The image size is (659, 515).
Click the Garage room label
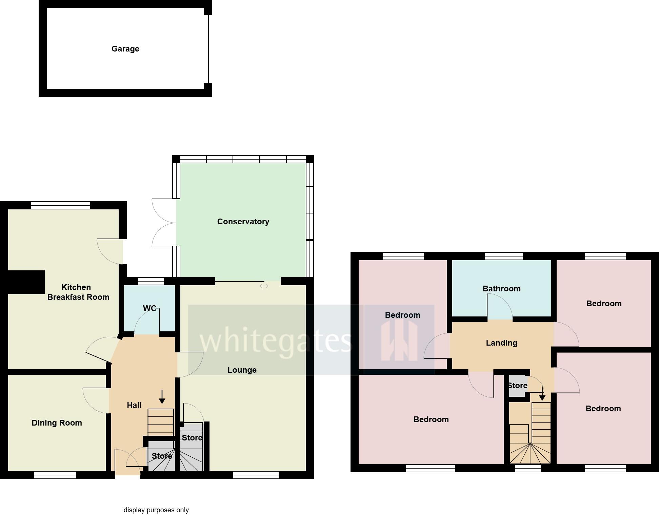click(x=125, y=49)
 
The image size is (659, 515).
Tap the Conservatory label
click(x=243, y=222)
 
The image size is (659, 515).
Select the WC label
click(x=149, y=308)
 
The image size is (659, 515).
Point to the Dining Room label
click(x=57, y=423)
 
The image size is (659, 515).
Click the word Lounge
click(x=242, y=370)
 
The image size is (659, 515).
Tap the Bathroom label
click(x=501, y=289)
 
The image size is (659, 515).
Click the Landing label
click(x=501, y=343)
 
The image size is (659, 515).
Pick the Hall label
click(x=134, y=405)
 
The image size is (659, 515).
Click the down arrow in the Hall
click(x=162, y=397)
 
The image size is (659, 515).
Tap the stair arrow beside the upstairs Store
click(x=542, y=394)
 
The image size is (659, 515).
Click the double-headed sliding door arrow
click(x=264, y=286)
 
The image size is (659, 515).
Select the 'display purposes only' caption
click(x=156, y=510)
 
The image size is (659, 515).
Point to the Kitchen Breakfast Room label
click(x=78, y=292)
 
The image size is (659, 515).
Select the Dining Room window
click(x=55, y=475)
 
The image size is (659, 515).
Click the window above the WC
click(x=151, y=281)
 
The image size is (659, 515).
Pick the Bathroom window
click(x=503, y=256)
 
